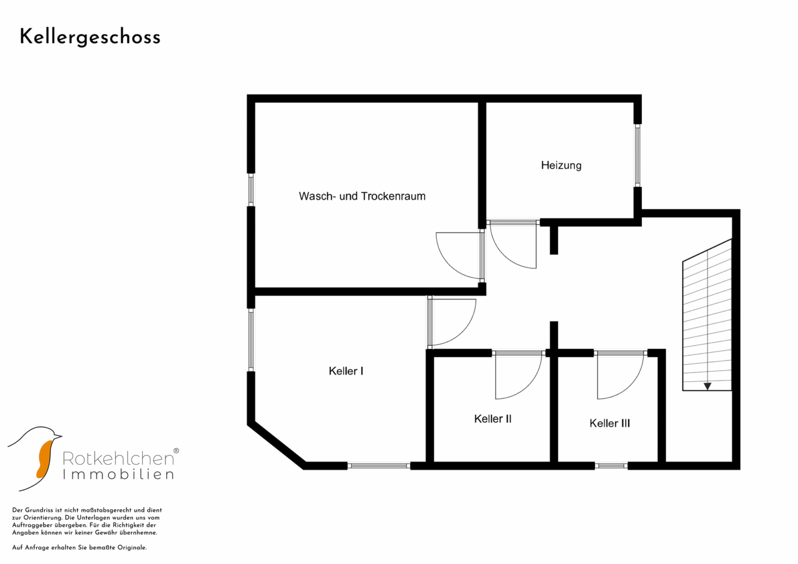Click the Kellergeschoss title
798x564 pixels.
(x=90, y=38)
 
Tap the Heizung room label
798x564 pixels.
(x=561, y=166)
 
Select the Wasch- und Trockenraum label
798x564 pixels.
(x=362, y=196)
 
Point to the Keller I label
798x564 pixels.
(x=346, y=371)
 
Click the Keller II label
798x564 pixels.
(x=493, y=419)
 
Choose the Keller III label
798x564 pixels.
(x=609, y=424)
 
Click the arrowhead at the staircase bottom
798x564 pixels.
(x=708, y=386)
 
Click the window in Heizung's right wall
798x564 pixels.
(x=638, y=155)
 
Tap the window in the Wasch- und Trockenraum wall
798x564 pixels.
(x=251, y=190)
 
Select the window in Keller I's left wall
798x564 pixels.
(x=251, y=340)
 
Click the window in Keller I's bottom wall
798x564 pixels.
(x=379, y=466)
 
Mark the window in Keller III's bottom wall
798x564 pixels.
(x=611, y=466)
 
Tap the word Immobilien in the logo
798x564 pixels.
(x=118, y=475)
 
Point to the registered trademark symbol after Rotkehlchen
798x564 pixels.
(x=176, y=451)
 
